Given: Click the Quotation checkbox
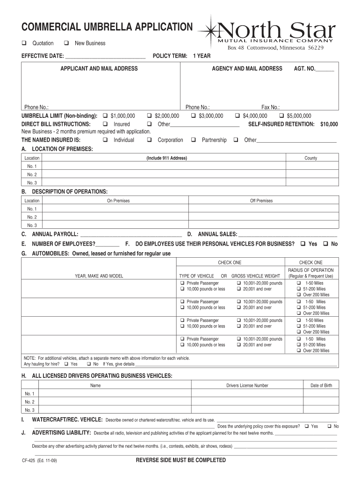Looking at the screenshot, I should click(x=24, y=44).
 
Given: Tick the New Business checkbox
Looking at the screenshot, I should click(x=67, y=44).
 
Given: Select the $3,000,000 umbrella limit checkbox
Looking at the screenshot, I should click(x=193, y=116).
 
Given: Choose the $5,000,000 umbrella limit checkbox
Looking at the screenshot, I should click(x=281, y=116).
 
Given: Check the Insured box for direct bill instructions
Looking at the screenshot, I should click(x=104, y=124).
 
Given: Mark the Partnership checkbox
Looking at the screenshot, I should click(x=193, y=140).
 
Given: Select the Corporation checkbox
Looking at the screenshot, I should click(x=149, y=140).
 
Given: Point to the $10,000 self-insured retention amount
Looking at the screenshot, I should click(x=329, y=124).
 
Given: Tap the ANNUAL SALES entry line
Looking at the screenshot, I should click(x=288, y=235).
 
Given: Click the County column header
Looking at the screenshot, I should click(x=311, y=158).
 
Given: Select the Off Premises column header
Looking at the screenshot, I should click(x=261, y=201).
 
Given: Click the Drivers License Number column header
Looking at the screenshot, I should click(x=247, y=385).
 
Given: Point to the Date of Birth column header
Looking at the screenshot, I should click(x=321, y=385).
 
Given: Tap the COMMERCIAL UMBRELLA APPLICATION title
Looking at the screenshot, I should click(x=107, y=27).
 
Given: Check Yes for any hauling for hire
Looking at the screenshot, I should click(x=66, y=364).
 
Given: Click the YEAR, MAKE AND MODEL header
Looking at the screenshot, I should click(x=99, y=276).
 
